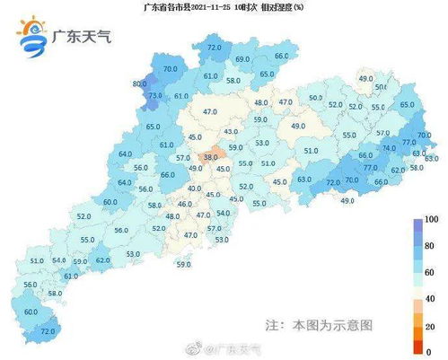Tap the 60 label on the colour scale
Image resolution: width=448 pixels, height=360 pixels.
432,269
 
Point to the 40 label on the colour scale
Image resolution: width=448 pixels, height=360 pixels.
432,297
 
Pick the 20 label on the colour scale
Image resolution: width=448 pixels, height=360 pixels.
432,324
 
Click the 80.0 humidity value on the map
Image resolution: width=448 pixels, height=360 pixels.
139,83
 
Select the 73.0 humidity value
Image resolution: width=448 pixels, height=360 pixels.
154,95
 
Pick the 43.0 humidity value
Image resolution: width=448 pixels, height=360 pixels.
231,132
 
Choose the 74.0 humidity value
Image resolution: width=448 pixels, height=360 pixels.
388,148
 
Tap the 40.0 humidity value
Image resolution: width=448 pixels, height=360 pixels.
195,189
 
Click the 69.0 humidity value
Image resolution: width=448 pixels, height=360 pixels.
242,59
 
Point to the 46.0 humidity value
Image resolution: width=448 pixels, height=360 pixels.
185,205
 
